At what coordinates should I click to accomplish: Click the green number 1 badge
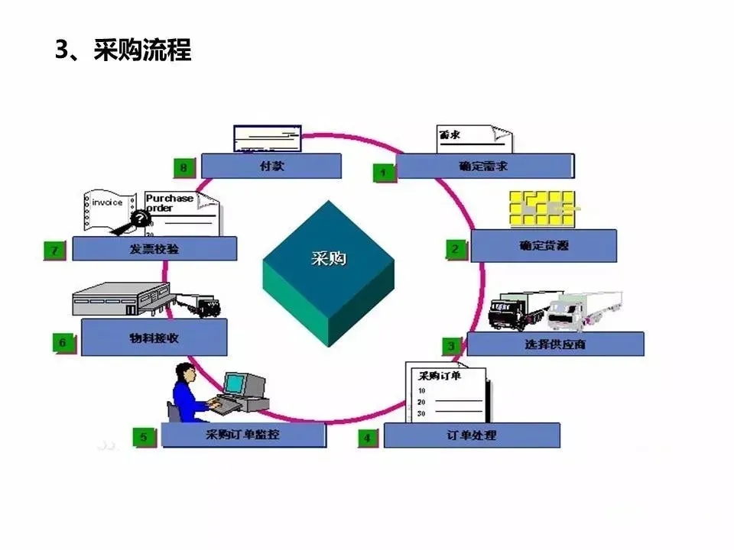click(x=383, y=173)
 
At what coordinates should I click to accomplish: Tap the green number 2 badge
click(x=456, y=248)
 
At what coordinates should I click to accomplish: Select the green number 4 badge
click(x=368, y=438)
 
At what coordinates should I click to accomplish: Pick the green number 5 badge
click(x=143, y=437)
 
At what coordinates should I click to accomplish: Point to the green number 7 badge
click(x=54, y=250)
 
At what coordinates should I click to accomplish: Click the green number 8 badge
click(x=184, y=167)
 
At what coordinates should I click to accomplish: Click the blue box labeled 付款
click(x=271, y=166)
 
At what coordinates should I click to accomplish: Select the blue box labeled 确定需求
click(x=485, y=166)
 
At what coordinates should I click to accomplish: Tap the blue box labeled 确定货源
click(x=543, y=246)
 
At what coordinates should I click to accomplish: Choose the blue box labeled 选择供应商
click(x=555, y=344)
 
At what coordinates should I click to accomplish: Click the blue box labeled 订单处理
click(x=471, y=435)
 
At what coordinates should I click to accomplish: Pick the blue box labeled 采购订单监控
click(x=243, y=435)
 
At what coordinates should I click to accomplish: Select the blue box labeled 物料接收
click(x=154, y=337)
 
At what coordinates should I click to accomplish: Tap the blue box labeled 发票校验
click(x=154, y=248)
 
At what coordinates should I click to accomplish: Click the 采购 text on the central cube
click(x=328, y=258)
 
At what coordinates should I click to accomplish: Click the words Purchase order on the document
click(x=169, y=202)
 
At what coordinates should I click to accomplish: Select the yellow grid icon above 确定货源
click(x=542, y=207)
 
